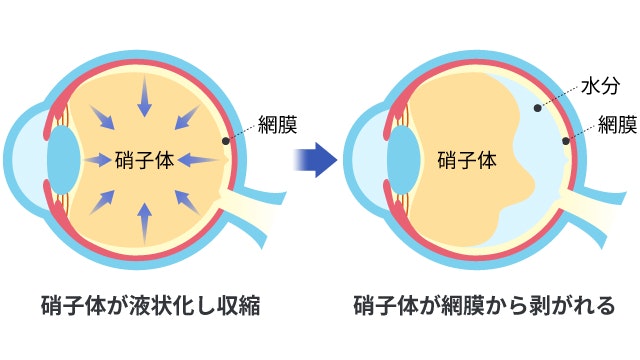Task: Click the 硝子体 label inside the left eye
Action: (x=146, y=160)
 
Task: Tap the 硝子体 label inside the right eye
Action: (x=467, y=160)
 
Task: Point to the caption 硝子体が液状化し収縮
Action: (x=150, y=305)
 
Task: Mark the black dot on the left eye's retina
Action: (x=226, y=141)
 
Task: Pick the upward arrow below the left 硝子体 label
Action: (x=145, y=219)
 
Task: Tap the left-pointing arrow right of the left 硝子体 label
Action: (x=203, y=159)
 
